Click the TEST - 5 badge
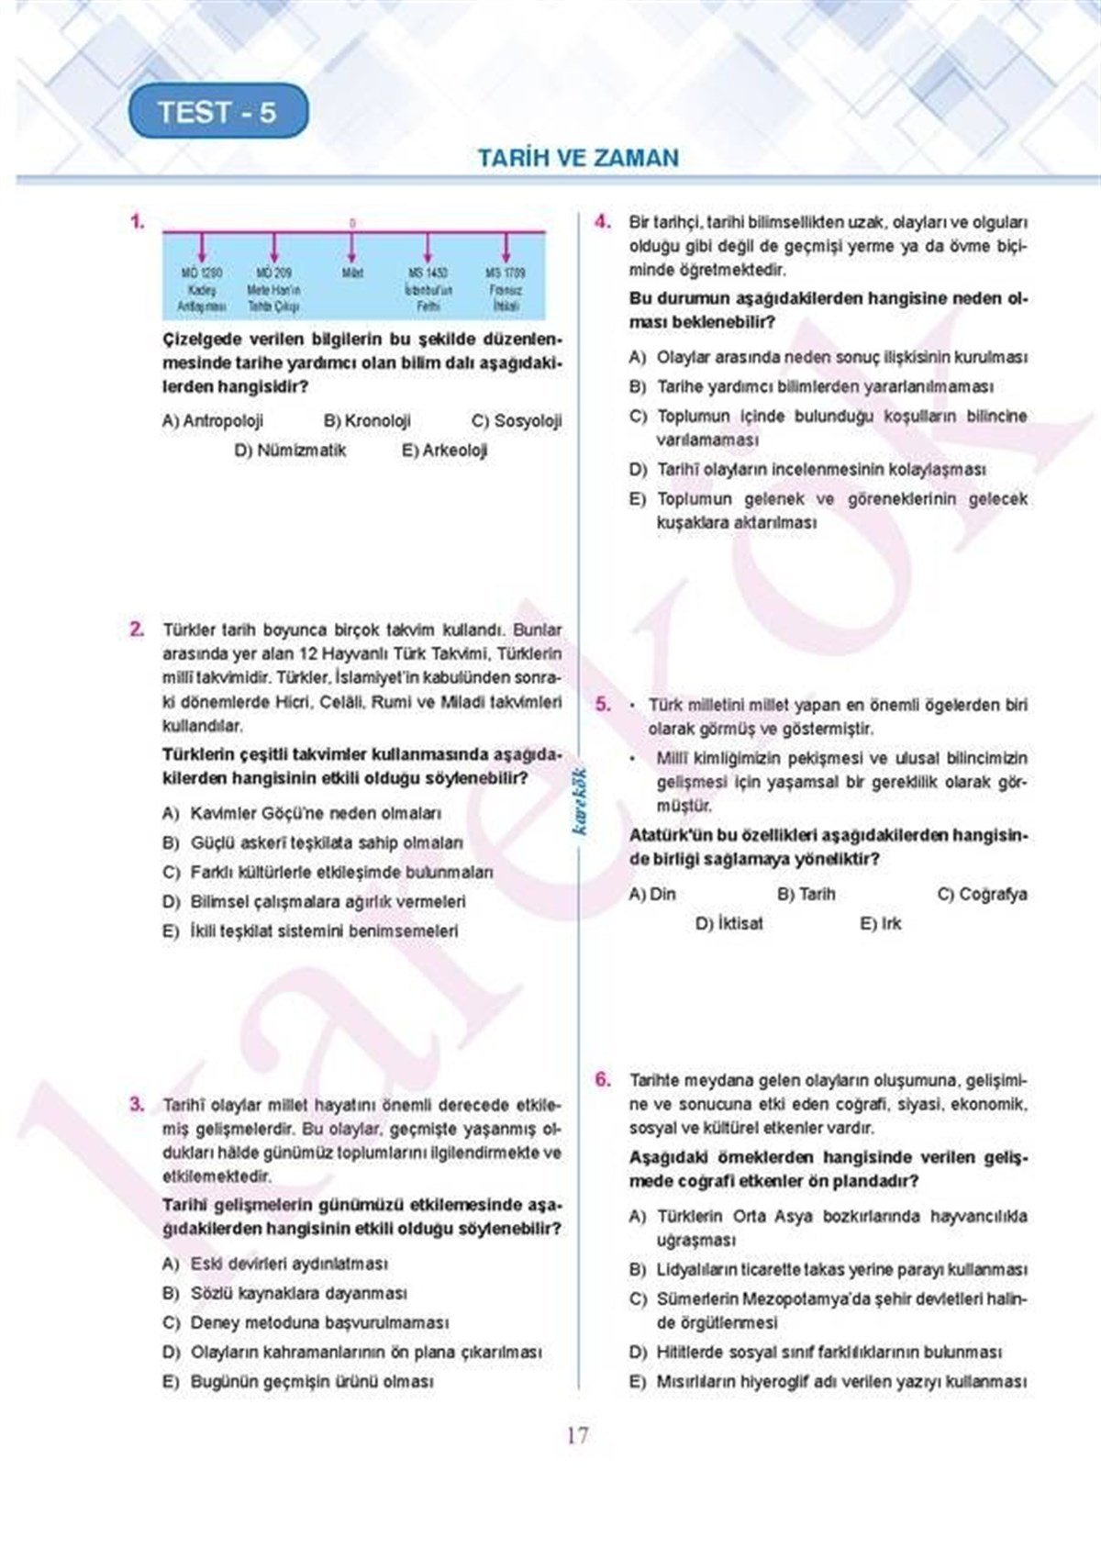217,112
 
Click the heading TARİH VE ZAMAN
578,158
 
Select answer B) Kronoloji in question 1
367,421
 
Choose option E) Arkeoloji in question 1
444,451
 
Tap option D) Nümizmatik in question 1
290,451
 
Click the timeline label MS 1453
428,273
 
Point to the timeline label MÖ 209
273,273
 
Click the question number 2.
137,630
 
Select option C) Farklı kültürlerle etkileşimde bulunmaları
328,872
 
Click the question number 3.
137,1104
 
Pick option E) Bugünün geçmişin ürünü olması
298,1381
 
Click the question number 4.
603,221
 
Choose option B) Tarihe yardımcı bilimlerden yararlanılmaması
811,387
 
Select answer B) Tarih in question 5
806,894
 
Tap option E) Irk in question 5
881,923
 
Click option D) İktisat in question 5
728,923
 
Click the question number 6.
603,1079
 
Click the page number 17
578,1435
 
